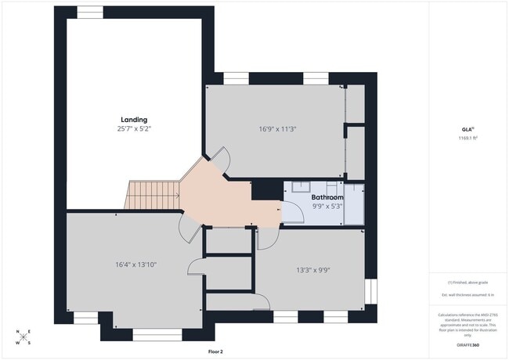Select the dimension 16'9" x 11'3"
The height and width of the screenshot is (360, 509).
pyautogui.click(x=278, y=129)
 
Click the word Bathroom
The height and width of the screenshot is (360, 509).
pyautogui.click(x=327, y=198)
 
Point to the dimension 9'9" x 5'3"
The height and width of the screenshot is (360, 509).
pyautogui.click(x=327, y=207)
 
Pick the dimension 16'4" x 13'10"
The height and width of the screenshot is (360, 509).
pyautogui.click(x=136, y=265)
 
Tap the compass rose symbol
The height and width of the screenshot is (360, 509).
pyautogui.click(x=23, y=337)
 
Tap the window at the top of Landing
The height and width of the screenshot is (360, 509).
pyautogui.click(x=91, y=12)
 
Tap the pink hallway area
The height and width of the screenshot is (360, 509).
pyautogui.click(x=227, y=196)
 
